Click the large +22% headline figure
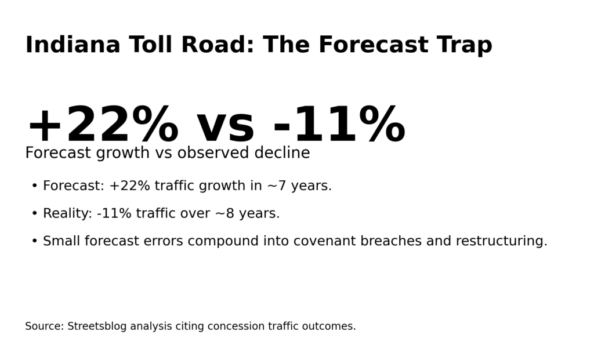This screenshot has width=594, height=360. point(102,126)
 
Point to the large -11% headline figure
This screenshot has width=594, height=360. point(339,126)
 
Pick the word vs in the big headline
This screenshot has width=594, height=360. point(225,126)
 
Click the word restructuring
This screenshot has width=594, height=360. point(501,241)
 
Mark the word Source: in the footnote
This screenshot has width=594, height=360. point(44,326)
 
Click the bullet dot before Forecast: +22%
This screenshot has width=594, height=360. point(34,186)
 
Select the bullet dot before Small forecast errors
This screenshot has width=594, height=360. point(34,241)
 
